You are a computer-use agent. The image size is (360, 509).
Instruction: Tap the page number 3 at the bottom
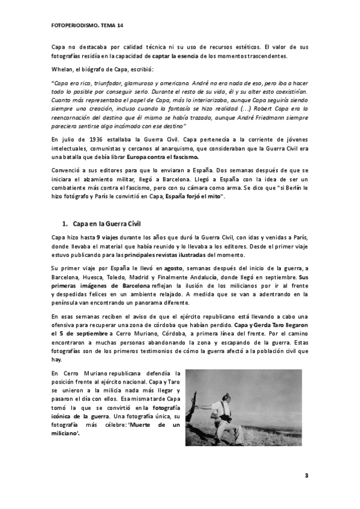tap(306, 476)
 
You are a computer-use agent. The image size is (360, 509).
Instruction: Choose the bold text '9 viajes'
tap(109, 238)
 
